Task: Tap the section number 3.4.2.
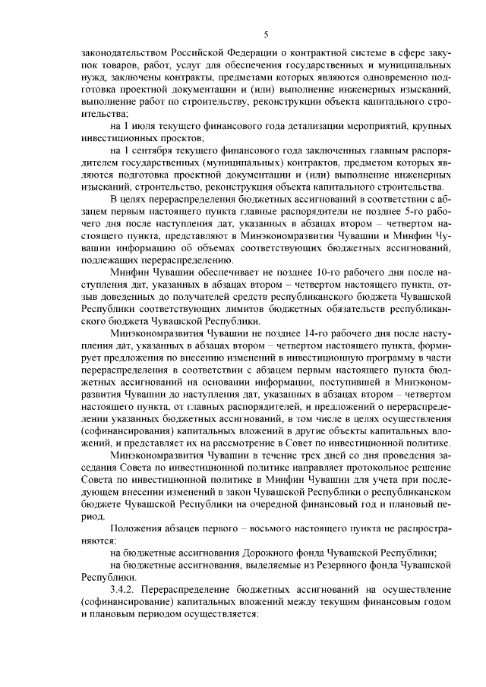pos(125,589)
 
